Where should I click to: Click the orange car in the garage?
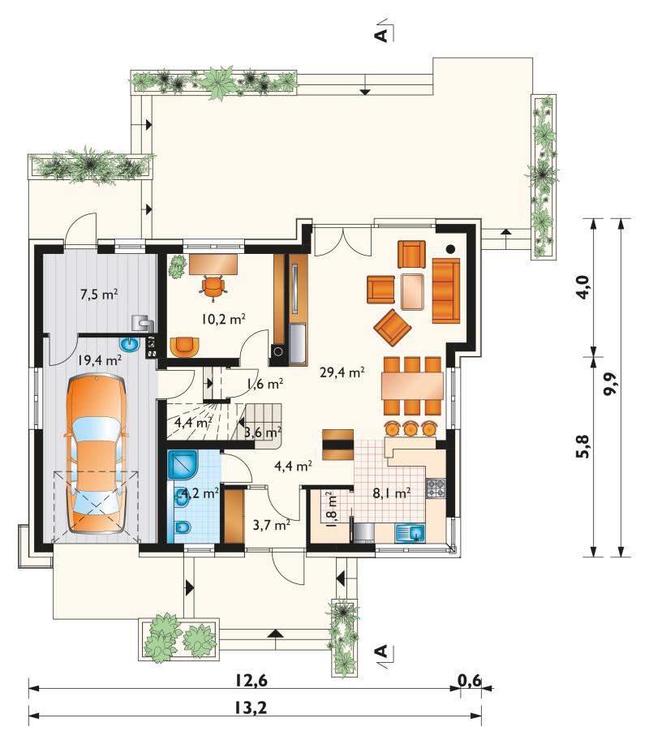click(x=97, y=453)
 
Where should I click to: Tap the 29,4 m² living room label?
click(x=342, y=372)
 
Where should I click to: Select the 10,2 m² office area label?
click(x=223, y=319)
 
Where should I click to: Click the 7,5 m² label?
click(x=99, y=295)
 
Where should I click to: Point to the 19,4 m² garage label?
click(x=100, y=360)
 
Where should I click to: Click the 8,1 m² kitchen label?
click(x=391, y=493)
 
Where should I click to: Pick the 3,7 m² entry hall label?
click(x=272, y=525)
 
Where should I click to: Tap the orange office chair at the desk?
click(x=213, y=287)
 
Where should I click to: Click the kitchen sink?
click(x=410, y=533)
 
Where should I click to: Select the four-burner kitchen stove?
click(x=436, y=488)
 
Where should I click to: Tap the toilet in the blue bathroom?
click(x=183, y=527)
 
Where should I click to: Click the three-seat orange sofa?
click(x=446, y=290)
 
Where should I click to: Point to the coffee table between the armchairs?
click(x=412, y=291)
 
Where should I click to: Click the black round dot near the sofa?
click(x=450, y=249)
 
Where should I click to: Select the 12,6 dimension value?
click(x=251, y=681)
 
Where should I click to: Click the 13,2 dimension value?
click(x=251, y=708)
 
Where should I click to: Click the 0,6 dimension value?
click(x=469, y=681)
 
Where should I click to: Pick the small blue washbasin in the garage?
click(x=128, y=343)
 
